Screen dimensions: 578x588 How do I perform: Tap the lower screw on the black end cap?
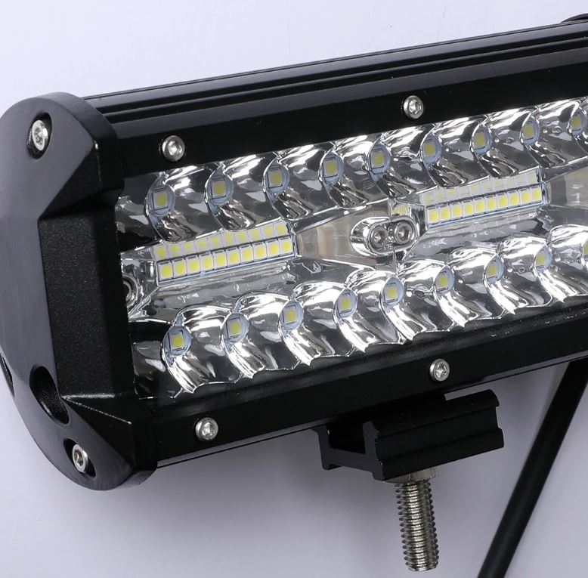[79, 457]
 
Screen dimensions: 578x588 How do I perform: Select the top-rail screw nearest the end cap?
[173, 147]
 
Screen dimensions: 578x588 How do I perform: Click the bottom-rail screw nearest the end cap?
[206, 428]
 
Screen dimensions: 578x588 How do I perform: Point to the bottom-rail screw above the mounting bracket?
[439, 369]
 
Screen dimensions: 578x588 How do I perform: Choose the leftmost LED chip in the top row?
[161, 199]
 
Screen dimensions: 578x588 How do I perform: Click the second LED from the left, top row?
[219, 188]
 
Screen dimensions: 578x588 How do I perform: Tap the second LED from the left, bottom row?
[235, 327]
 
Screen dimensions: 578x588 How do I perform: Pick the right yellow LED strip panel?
[484, 199]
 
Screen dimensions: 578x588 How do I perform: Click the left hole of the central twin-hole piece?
[379, 236]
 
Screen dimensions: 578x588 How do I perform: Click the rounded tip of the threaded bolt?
[420, 563]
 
